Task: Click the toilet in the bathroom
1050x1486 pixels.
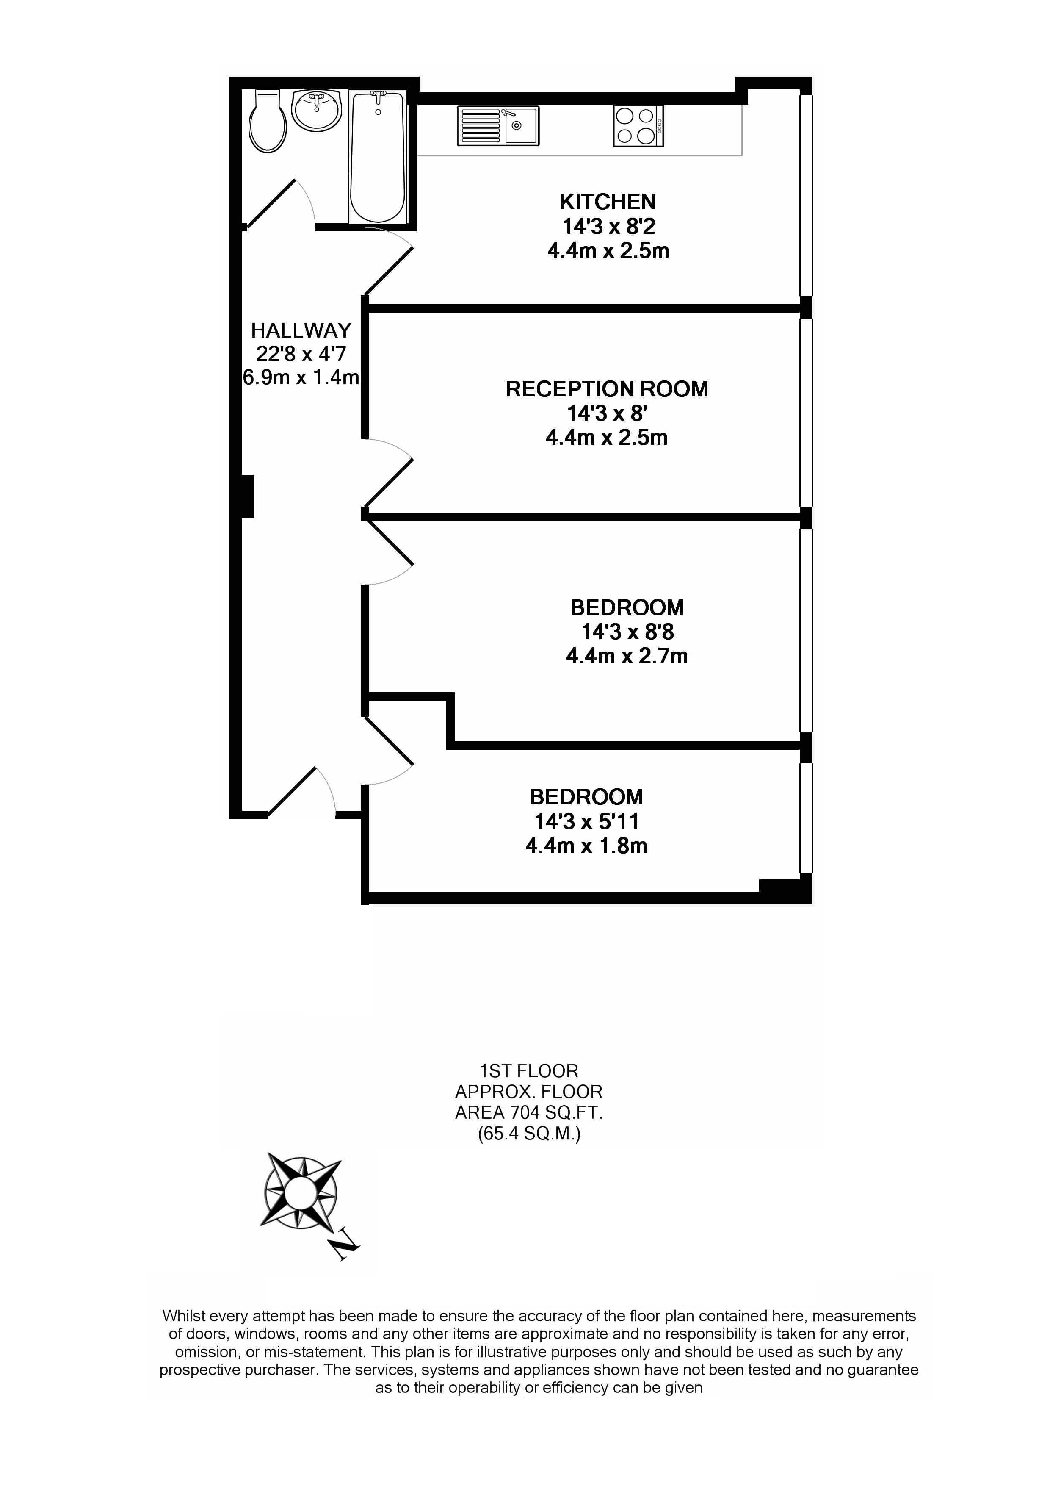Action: (x=267, y=121)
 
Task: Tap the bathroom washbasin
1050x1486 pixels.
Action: (x=316, y=110)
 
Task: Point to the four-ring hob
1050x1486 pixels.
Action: (x=638, y=125)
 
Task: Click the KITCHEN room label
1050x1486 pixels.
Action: (x=608, y=202)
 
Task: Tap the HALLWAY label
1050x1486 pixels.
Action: (x=301, y=331)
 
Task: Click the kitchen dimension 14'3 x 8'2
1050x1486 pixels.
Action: (x=609, y=227)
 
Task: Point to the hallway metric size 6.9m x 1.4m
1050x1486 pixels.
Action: (x=301, y=377)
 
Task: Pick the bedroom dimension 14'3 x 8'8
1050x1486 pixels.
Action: (x=627, y=632)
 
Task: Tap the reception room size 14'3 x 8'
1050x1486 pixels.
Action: (x=607, y=413)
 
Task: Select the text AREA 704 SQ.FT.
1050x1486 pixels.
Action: (x=528, y=1112)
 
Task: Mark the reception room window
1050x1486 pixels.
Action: (x=806, y=412)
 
